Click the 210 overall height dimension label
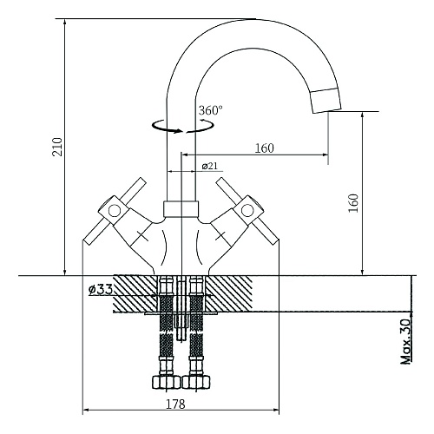coord(57,147)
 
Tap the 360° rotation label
coord(211,110)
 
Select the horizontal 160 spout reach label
coord(264,148)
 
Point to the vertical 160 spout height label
coord(353,203)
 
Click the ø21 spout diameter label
coord(209,166)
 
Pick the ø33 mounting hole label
coord(101,290)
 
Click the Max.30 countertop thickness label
coord(405,342)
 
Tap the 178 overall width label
coord(175,404)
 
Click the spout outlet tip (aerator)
coord(326,101)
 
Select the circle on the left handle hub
coord(114,211)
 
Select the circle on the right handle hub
coord(247,211)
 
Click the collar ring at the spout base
coord(181,208)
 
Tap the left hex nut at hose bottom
coord(166,382)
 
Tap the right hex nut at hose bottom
coord(195,382)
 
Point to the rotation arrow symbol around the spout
coord(183,126)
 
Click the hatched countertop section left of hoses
coord(135,293)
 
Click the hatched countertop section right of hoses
coord(228,293)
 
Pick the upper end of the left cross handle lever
coord(142,181)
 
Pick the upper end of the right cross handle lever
coord(220,181)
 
